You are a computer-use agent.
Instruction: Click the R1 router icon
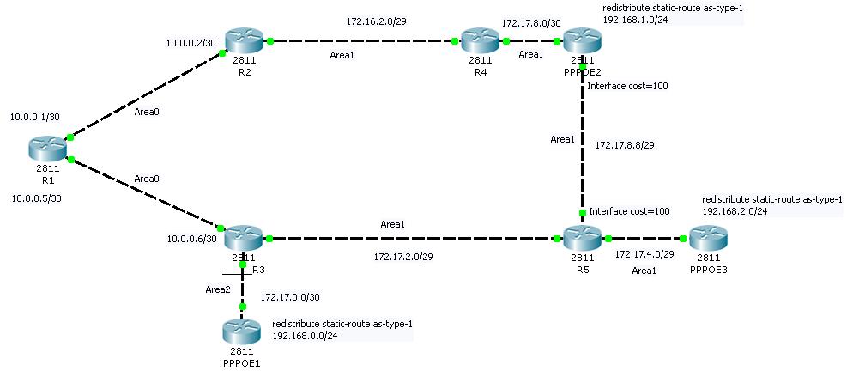click(x=47, y=149)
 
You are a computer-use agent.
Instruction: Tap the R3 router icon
click(x=242, y=236)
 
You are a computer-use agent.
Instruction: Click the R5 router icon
click(x=582, y=237)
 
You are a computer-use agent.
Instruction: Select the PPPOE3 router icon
click(x=707, y=238)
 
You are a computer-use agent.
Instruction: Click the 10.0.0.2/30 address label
click(x=191, y=41)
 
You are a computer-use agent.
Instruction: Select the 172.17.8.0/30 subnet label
click(x=530, y=23)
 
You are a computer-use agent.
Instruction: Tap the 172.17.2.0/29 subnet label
click(x=402, y=256)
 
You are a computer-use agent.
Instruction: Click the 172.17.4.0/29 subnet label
click(x=644, y=254)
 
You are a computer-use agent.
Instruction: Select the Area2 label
click(x=218, y=289)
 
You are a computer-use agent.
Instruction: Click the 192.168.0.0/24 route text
click(x=305, y=337)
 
